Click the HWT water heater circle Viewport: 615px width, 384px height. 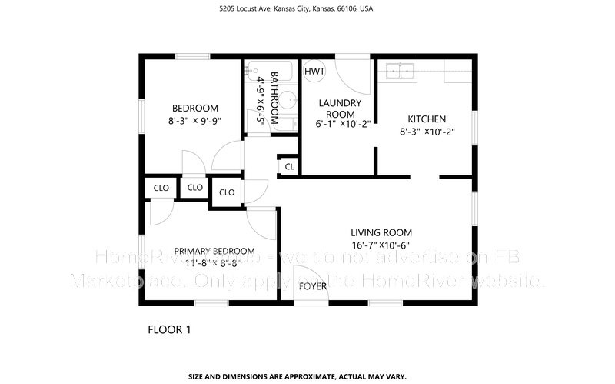click(314, 72)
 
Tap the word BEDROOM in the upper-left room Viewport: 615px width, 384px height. click(194, 109)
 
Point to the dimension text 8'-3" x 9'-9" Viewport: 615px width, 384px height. click(194, 121)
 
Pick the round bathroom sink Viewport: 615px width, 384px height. click(288, 100)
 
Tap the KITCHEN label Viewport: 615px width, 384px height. click(427, 119)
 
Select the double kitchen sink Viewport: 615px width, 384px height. click(401, 72)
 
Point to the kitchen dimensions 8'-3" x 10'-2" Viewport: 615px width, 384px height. click(427, 132)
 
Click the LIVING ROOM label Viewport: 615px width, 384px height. click(381, 232)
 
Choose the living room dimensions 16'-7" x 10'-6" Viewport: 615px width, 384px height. click(381, 245)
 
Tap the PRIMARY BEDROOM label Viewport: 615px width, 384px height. click(214, 251)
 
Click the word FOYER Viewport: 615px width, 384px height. click(314, 286)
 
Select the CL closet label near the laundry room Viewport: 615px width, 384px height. click(289, 166)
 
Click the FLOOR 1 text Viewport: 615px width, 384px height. click(168, 329)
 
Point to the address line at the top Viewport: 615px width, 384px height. click(307, 10)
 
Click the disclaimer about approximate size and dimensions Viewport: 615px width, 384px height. click(307, 377)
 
